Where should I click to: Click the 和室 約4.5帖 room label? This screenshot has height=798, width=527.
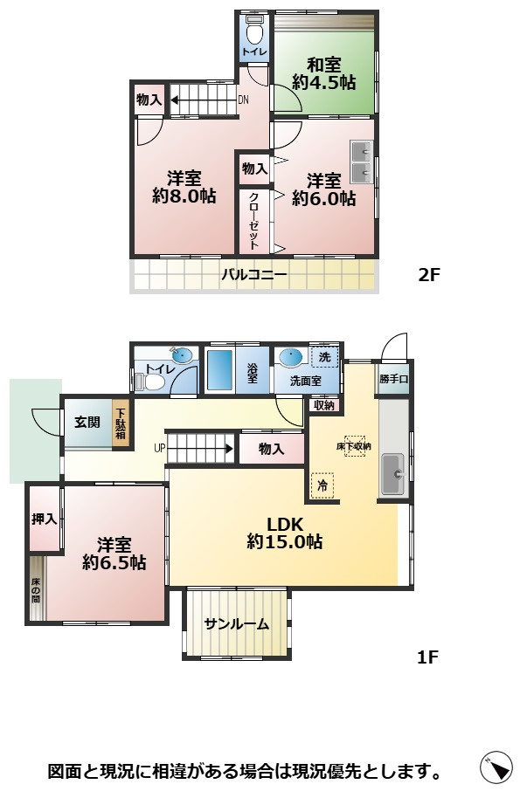(323, 73)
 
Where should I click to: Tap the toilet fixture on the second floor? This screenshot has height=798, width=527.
(254, 32)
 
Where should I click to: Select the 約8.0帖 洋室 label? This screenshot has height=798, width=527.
(184, 188)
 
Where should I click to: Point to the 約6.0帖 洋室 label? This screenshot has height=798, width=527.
(323, 189)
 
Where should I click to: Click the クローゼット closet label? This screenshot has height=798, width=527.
(253, 221)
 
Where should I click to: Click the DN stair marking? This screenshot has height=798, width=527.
(244, 100)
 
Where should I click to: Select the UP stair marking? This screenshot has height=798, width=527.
(159, 449)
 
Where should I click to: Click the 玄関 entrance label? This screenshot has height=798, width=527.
(86, 423)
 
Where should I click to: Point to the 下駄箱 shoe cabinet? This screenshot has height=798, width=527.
(121, 423)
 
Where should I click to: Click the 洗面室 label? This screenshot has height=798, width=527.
(304, 381)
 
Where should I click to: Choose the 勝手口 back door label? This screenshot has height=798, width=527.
(393, 380)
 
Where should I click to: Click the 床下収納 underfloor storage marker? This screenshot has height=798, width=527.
(354, 446)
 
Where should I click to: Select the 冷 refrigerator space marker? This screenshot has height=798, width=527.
(323, 485)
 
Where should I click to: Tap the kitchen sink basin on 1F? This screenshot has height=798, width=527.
(392, 474)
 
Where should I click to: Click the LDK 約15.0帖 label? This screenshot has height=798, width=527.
(284, 533)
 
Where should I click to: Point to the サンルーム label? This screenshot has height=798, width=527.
(236, 624)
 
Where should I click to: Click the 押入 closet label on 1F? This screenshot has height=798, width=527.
(44, 519)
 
